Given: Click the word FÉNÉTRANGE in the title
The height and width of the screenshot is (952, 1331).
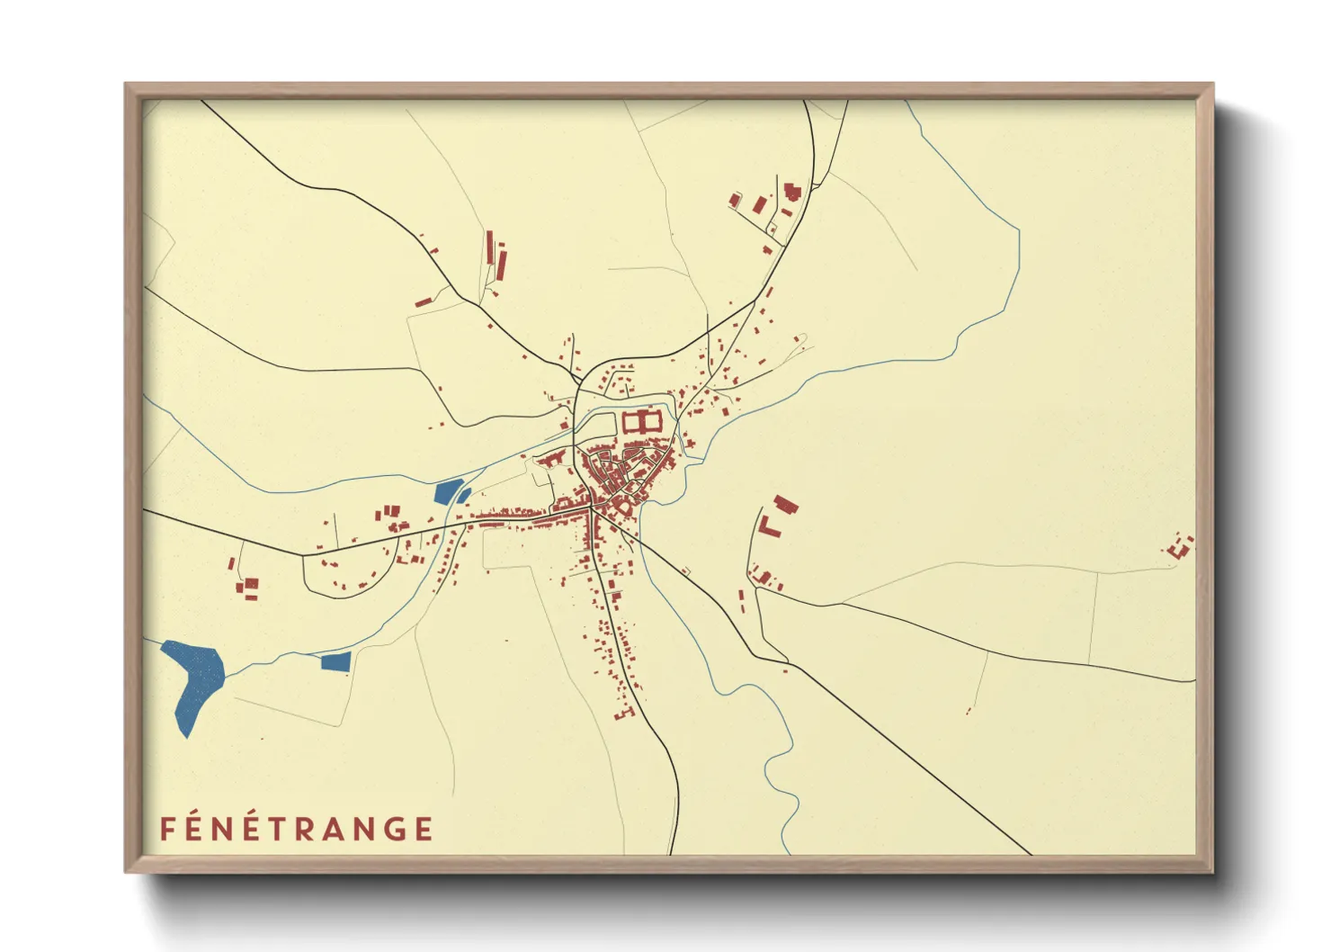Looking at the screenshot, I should click(297, 828).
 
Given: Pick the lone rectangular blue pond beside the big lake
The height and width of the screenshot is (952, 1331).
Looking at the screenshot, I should click(335, 661).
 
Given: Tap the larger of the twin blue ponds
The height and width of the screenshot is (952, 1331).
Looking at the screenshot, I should click(445, 492).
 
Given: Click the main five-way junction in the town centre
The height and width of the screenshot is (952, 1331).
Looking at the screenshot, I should click(590, 508).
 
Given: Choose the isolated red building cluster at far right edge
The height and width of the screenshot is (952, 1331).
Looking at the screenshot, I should click(1180, 544).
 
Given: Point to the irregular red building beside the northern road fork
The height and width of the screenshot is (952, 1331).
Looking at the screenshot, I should click(791, 192).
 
